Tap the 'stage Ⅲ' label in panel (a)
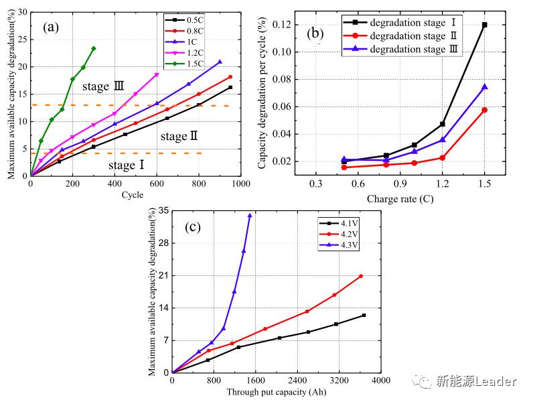point(103,86)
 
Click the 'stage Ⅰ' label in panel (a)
point(126,165)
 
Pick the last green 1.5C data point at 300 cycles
point(93,48)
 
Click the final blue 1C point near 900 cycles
point(220,62)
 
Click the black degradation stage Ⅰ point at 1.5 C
point(484,25)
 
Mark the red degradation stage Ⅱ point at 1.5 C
point(484,110)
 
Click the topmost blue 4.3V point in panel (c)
point(250,215)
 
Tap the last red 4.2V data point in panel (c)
point(361,276)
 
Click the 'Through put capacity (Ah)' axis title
point(277,392)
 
